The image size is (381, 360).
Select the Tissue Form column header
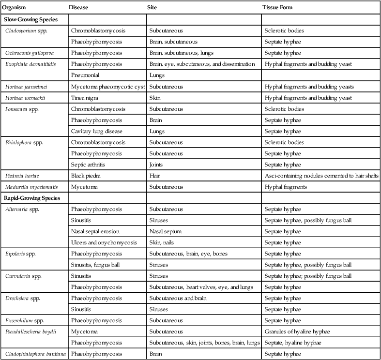277,8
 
